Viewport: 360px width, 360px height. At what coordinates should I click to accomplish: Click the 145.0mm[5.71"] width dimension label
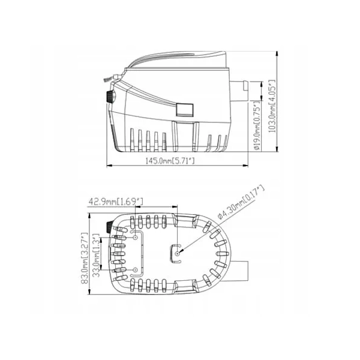[169, 161]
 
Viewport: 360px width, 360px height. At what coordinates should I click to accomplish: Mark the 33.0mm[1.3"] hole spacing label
[98, 259]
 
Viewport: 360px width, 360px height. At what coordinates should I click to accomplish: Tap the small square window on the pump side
[183, 109]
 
